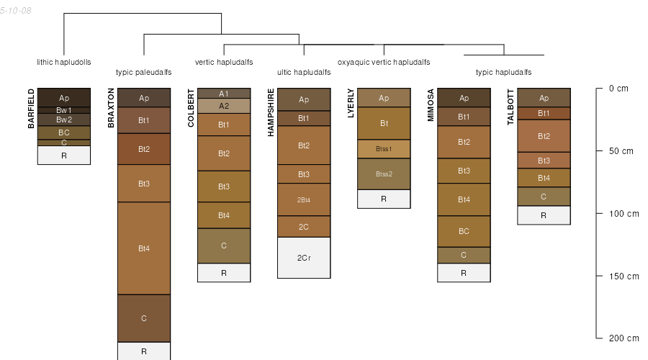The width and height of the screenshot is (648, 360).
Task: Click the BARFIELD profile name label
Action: click(31, 108)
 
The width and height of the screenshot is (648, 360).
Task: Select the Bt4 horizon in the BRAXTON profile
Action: click(144, 248)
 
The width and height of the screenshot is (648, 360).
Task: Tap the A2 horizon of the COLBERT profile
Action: click(224, 106)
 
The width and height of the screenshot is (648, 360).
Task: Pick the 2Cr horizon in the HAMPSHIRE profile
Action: click(304, 257)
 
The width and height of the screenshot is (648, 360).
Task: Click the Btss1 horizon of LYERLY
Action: click(384, 149)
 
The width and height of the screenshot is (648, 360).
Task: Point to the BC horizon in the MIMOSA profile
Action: click(464, 231)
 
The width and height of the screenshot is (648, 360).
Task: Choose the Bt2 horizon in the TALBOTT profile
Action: click(544, 136)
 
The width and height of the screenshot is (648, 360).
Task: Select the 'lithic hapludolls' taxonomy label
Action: click(64, 62)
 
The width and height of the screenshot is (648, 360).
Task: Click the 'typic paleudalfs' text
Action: click(144, 72)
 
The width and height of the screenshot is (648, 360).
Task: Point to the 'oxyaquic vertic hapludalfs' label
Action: click(384, 62)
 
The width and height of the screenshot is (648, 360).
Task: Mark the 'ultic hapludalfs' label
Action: click(304, 72)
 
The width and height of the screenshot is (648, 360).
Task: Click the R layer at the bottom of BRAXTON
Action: click(144, 351)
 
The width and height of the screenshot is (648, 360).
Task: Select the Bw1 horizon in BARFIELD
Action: click(64, 110)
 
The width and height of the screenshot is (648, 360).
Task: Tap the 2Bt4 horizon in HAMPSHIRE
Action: click(304, 199)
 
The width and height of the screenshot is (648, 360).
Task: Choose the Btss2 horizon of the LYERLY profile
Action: click(384, 174)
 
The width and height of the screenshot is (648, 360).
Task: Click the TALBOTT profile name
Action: click(510, 107)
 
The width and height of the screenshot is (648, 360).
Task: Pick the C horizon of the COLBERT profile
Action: click(224, 246)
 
